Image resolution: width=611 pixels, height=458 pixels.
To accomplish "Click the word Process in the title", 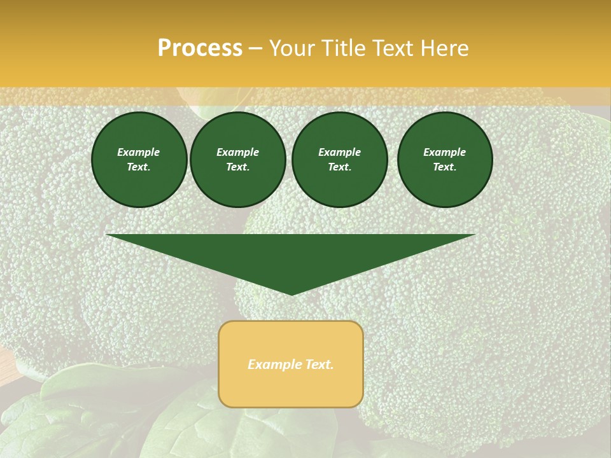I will click(200, 48).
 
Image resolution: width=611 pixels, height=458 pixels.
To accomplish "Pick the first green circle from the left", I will click(139, 160).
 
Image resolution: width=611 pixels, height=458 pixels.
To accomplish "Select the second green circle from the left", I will click(238, 160).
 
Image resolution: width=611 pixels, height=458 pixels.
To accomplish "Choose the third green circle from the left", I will click(340, 160).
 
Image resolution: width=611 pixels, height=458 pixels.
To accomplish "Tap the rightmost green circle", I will click(445, 160).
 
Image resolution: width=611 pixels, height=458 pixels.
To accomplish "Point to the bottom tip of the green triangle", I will click(291, 295).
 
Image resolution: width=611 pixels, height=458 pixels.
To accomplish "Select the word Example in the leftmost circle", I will click(139, 152).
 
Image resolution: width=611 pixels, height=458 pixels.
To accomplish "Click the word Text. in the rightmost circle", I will click(445, 167).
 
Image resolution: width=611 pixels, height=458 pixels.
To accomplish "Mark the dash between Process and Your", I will click(256, 48).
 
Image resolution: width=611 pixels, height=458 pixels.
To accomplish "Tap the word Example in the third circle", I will click(340, 152).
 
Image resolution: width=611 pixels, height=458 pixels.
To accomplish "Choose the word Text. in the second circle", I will click(238, 167).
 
